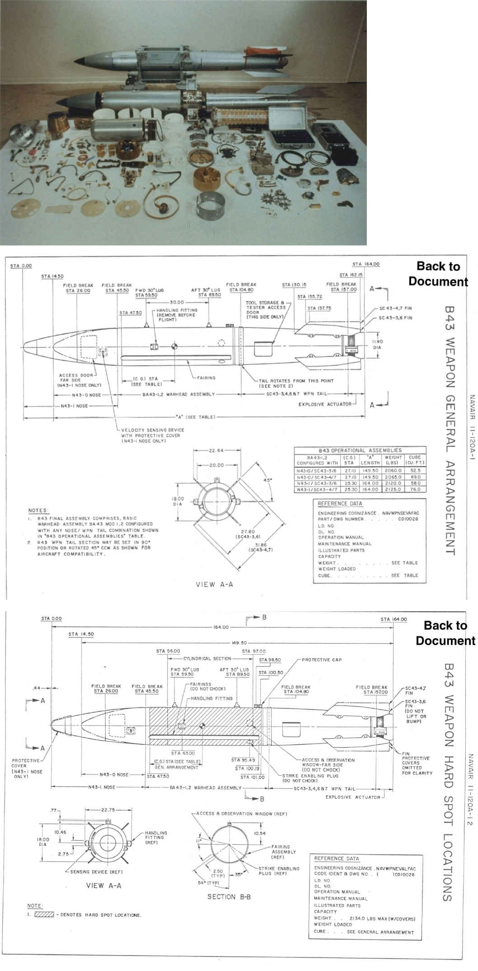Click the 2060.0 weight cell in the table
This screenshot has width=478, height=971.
(x=393, y=471)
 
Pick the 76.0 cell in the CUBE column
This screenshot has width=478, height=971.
(x=415, y=490)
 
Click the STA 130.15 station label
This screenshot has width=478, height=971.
(x=294, y=285)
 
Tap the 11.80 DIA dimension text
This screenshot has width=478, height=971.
(x=377, y=344)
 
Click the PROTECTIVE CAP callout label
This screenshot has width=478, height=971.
(x=321, y=660)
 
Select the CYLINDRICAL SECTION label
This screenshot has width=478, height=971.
(x=207, y=658)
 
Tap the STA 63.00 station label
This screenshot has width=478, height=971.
(x=183, y=753)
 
